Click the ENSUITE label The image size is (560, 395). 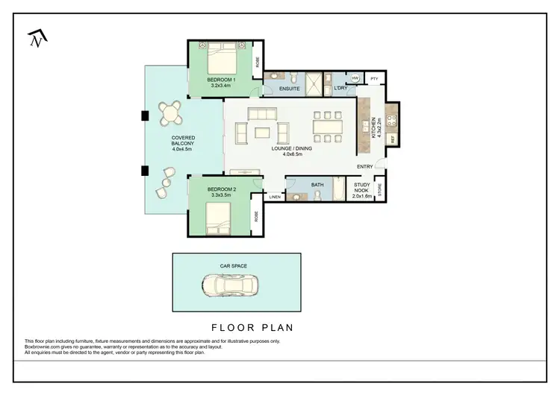[289, 89]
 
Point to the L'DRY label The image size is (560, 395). [341, 89]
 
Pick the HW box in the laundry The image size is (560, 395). [355, 78]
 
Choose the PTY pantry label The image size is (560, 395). [374, 78]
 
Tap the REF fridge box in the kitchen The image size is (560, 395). [392, 139]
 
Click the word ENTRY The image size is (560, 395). [365, 166]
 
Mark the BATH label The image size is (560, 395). [317, 184]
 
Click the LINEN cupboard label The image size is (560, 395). [274, 197]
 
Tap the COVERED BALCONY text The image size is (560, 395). [182, 142]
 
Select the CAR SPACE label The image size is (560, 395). [233, 265]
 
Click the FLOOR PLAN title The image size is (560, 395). [252, 326]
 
